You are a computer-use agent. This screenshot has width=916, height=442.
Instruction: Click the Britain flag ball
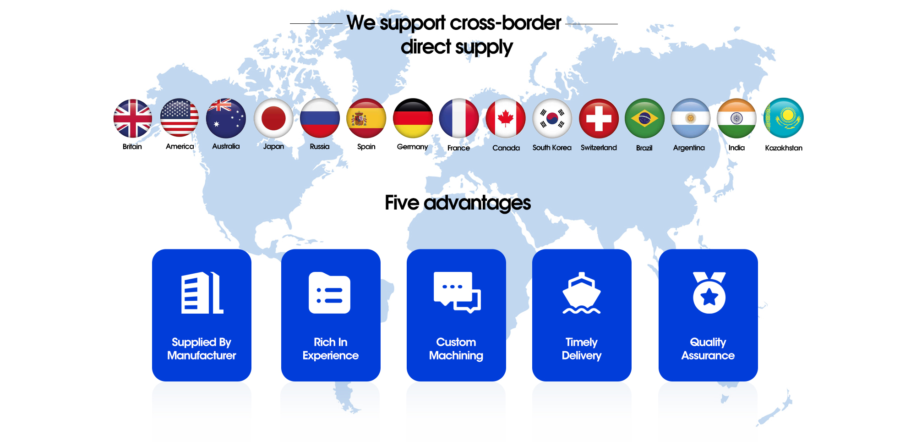pyautogui.click(x=133, y=118)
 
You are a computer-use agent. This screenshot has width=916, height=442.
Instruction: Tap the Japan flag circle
pyautogui.click(x=273, y=118)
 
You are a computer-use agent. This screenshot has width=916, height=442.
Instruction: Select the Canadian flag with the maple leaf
pyautogui.click(x=506, y=118)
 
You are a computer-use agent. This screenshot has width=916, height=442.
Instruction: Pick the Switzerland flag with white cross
pyautogui.click(x=599, y=118)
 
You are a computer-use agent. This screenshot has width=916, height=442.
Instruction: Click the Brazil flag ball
pyautogui.click(x=644, y=118)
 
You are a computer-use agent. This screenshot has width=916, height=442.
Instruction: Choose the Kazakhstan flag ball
pyautogui.click(x=784, y=118)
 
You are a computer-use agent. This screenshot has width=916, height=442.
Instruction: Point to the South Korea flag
pyautogui.click(x=552, y=118)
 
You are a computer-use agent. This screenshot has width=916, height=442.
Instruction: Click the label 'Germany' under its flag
pyautogui.click(x=412, y=147)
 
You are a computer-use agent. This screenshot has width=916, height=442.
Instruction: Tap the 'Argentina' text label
pyautogui.click(x=689, y=148)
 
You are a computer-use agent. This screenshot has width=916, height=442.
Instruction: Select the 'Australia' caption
pyautogui.click(x=226, y=146)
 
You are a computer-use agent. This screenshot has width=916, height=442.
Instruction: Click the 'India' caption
pyautogui.click(x=736, y=148)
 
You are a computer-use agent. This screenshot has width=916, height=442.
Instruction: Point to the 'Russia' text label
pyautogui.click(x=320, y=146)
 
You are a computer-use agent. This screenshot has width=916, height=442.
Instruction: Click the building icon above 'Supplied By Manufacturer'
pyautogui.click(x=202, y=293)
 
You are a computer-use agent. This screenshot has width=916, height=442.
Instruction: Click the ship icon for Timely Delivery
pyautogui.click(x=582, y=293)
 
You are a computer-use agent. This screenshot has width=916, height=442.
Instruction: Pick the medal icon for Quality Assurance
pyautogui.click(x=709, y=293)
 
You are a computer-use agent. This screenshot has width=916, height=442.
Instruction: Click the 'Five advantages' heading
pyautogui.click(x=458, y=203)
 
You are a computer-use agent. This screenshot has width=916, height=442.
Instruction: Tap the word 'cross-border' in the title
pyautogui.click(x=506, y=22)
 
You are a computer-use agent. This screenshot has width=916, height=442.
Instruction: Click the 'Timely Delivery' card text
pyautogui.click(x=582, y=349)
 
